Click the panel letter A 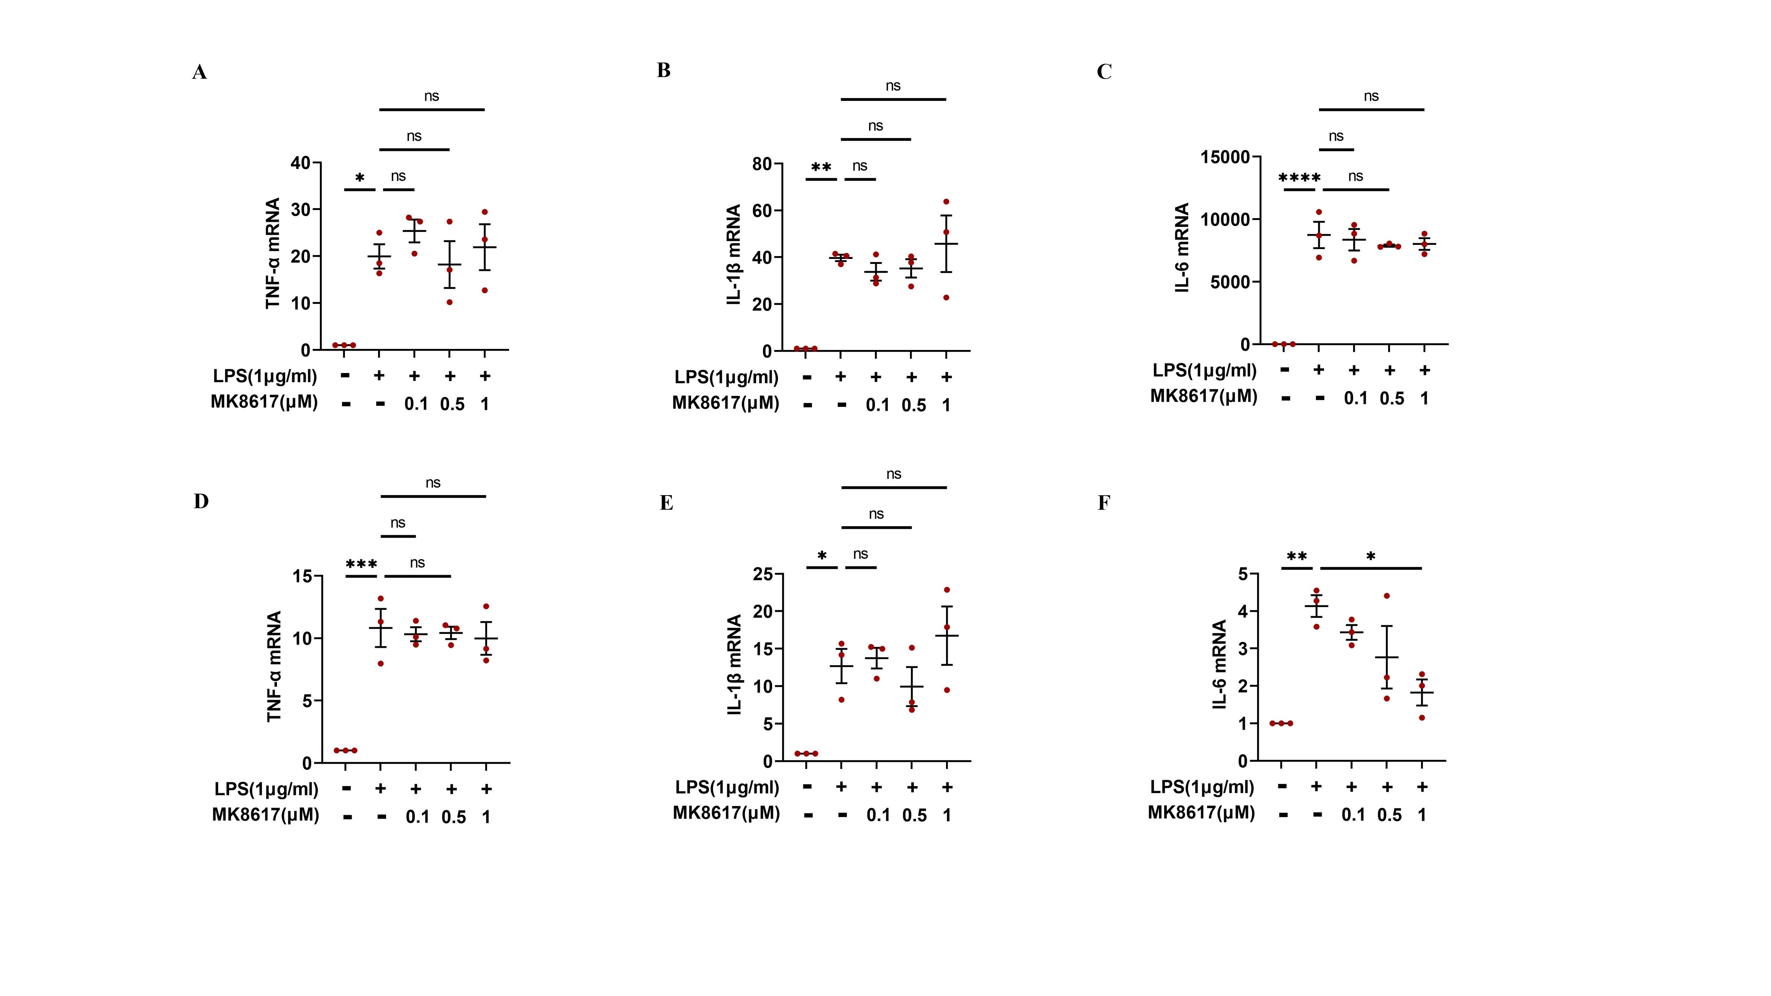click(x=199, y=72)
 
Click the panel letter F click(x=1103, y=503)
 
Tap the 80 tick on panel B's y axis click(x=762, y=164)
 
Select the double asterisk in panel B click(x=821, y=168)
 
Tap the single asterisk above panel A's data click(x=360, y=179)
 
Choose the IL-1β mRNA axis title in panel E click(x=734, y=665)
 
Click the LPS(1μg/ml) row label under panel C click(x=1204, y=370)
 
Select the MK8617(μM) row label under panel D click(x=265, y=815)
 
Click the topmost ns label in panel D click(x=432, y=482)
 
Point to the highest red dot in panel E click(x=947, y=590)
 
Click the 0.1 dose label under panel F click(x=1353, y=815)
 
